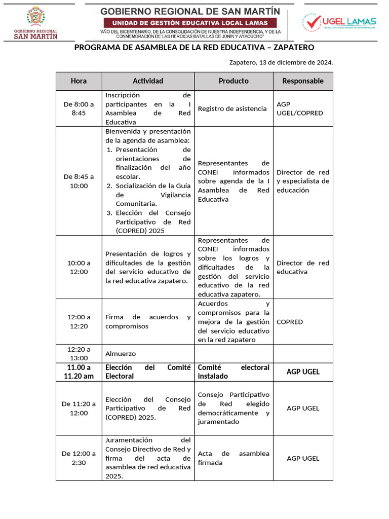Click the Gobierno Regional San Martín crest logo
tap(35, 22)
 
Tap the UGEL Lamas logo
tap(339, 22)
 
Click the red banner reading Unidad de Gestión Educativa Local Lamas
tap(190, 23)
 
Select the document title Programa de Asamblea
tap(194, 48)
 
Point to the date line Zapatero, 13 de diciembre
tap(281, 62)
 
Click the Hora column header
tap(79, 81)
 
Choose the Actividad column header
tap(148, 81)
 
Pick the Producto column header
tap(234, 81)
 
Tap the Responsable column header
tap(303, 81)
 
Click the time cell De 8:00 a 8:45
tap(79, 108)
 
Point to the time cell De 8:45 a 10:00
tap(79, 181)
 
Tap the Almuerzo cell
tap(121, 354)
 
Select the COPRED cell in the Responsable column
tap(290, 322)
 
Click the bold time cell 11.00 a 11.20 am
tap(79, 372)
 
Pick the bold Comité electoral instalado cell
tap(234, 372)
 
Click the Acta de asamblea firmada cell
tap(234, 458)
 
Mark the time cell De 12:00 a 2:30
tap(79, 458)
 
